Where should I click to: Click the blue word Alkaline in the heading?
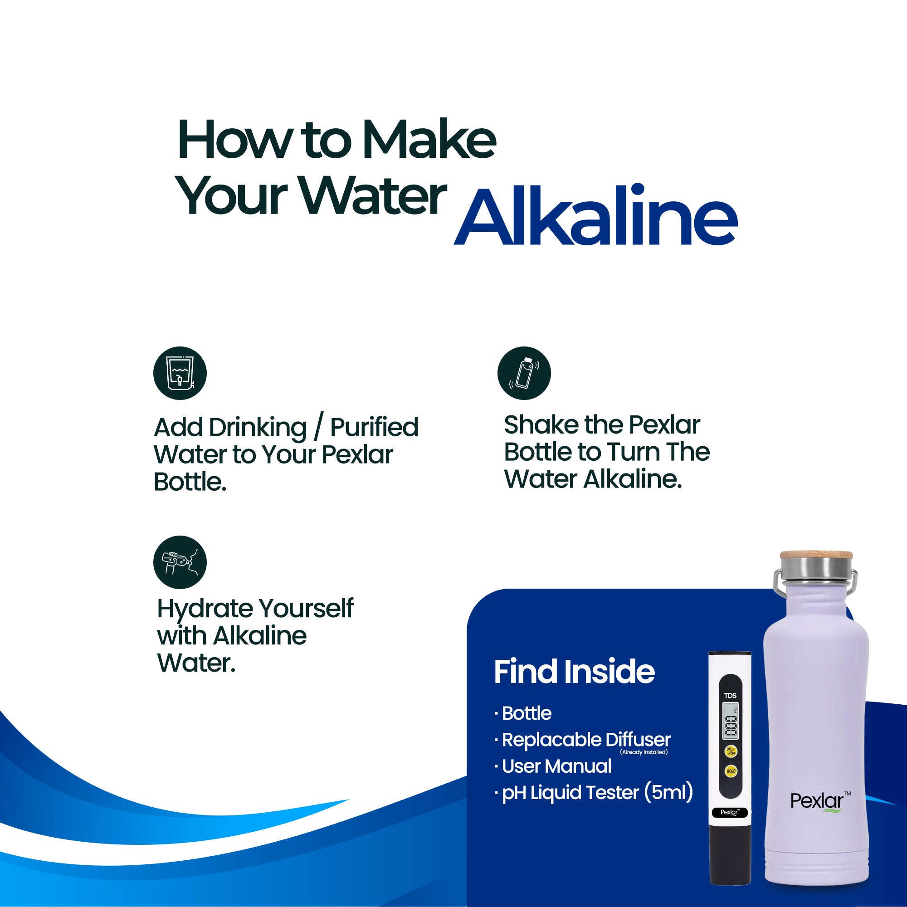(x=595, y=215)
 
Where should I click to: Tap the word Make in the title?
(x=429, y=139)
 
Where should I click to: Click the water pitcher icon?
(x=180, y=373)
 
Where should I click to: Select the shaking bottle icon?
(x=524, y=373)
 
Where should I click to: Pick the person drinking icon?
(x=180, y=562)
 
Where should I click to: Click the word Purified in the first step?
(x=374, y=427)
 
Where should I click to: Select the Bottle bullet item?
(x=526, y=713)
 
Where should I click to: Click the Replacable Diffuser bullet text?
(x=586, y=740)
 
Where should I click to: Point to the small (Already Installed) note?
(x=644, y=752)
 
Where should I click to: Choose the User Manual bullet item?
(x=557, y=766)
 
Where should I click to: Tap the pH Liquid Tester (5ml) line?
(x=597, y=793)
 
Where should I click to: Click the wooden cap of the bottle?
(x=816, y=555)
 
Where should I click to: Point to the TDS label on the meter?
(x=730, y=695)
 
